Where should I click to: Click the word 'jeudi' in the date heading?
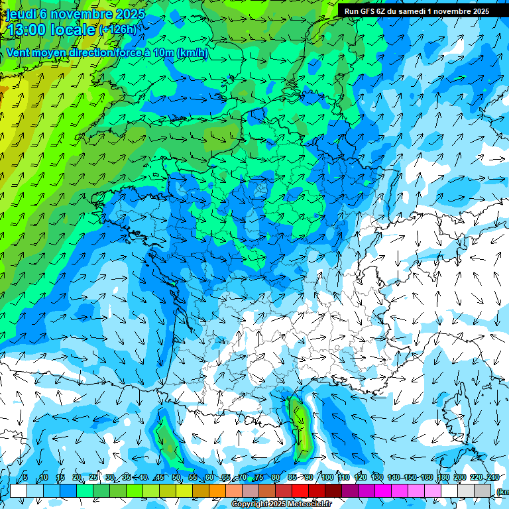tap(21, 14)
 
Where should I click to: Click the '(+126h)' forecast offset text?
tap(117, 30)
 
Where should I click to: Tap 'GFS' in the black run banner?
tap(368, 11)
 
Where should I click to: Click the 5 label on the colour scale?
tap(25, 478)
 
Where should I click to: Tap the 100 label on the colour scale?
tap(327, 478)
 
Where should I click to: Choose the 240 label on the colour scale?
tap(493, 478)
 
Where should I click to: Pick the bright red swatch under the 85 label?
tap(300, 491)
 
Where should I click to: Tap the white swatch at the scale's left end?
tap(19, 491)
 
